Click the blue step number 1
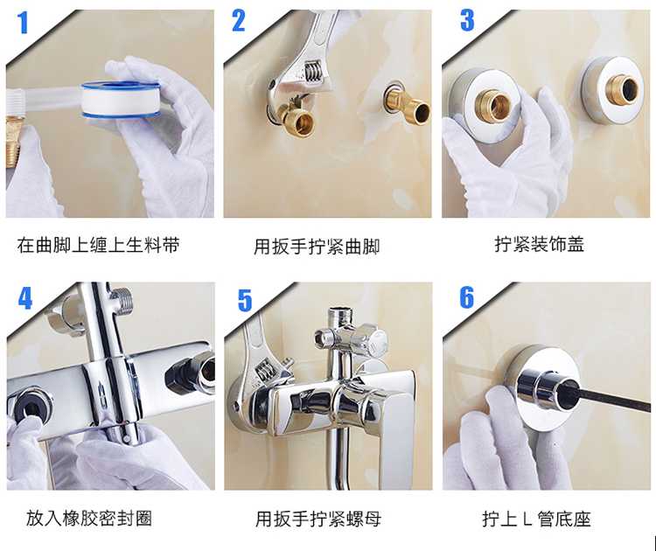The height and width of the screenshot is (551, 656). [23, 23]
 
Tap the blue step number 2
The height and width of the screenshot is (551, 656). [239, 21]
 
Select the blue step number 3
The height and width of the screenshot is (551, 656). [467, 20]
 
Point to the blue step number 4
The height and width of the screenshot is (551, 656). [25, 298]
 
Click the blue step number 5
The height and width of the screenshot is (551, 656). [245, 300]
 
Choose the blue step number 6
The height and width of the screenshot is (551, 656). [467, 297]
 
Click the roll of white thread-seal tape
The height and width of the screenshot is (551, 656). [121, 100]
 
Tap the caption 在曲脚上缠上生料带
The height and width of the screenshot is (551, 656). [98, 245]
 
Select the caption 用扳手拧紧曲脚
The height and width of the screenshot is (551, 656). [317, 247]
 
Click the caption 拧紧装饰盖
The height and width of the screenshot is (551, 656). [539, 244]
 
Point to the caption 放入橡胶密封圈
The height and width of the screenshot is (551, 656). [89, 518]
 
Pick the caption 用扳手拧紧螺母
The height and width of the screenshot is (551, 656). [318, 519]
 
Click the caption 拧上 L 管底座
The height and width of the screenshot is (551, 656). [536, 519]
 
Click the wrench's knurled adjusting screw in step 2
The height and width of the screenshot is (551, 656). [313, 72]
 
